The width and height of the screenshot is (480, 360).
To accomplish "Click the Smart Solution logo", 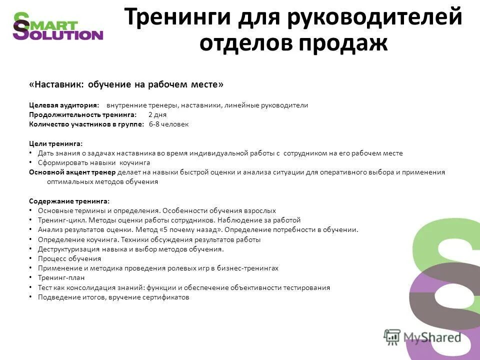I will [x=57, y=26].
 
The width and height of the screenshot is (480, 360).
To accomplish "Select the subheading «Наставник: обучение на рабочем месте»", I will [x=126, y=84].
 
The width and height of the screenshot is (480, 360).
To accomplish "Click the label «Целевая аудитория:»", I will [x=64, y=105].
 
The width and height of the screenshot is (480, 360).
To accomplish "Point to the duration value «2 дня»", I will [x=157, y=114].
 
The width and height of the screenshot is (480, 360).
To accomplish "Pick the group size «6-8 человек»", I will [x=169, y=124].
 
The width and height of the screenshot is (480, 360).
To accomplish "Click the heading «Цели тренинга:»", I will [x=56, y=143].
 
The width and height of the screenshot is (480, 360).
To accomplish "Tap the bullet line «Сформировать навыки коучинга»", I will [x=93, y=162].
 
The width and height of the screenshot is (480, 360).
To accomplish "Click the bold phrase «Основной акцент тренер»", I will [x=72, y=172].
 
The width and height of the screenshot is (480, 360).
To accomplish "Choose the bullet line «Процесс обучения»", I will [x=69, y=258].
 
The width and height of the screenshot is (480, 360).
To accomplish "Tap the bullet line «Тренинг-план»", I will [x=61, y=277].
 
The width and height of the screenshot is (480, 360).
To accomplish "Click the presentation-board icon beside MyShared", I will [x=392, y=336].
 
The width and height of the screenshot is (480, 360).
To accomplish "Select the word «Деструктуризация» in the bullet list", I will [x=65, y=249].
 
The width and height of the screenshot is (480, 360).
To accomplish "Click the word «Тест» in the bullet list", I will [x=44, y=287].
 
